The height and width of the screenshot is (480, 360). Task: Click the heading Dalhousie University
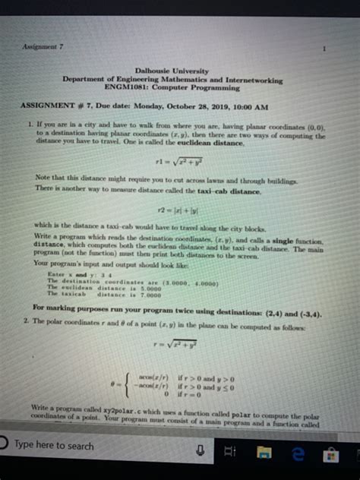[173, 71]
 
